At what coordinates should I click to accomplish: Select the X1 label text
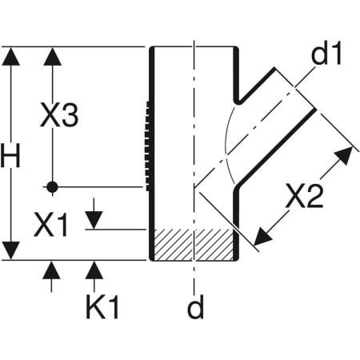(51, 225)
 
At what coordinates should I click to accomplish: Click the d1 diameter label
(325, 56)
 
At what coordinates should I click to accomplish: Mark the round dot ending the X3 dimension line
(52, 186)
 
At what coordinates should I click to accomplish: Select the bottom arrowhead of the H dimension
(10, 250)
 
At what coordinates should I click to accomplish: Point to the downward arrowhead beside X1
(94, 218)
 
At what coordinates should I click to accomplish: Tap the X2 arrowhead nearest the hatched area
(261, 237)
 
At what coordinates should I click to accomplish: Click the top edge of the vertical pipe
(194, 47)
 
